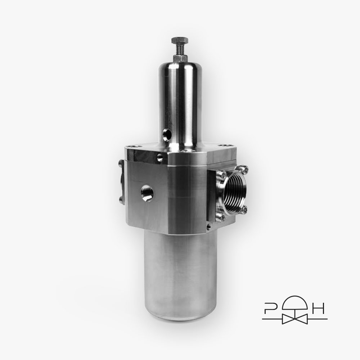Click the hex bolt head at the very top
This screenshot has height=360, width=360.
(x=180, y=41)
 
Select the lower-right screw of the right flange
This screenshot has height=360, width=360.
(x=245, y=209)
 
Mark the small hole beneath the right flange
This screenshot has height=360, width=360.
(x=208, y=227)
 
